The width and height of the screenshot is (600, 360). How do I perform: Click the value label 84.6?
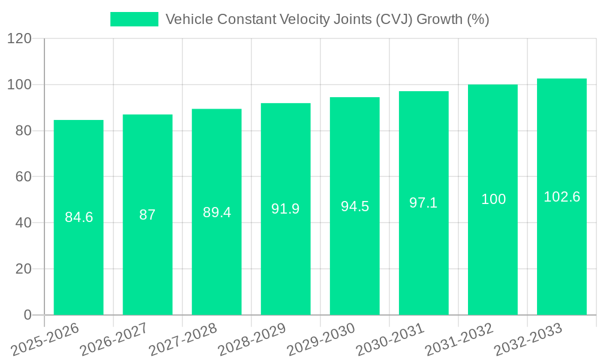tap(79, 217)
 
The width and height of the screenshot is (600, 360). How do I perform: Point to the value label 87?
tap(148, 215)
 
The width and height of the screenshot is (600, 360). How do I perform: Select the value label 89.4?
tap(217, 212)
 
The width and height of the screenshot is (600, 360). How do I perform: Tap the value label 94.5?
tap(355, 206)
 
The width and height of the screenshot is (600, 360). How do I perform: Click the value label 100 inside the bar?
tap(493, 199)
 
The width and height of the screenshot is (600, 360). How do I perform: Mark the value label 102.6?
tap(562, 196)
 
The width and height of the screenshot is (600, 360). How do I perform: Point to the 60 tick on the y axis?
tap(23, 177)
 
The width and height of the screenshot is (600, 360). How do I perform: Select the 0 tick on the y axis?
tap(28, 315)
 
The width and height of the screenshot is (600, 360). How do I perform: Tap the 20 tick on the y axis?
tap(23, 269)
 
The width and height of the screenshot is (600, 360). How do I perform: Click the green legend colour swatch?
tap(134, 19)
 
